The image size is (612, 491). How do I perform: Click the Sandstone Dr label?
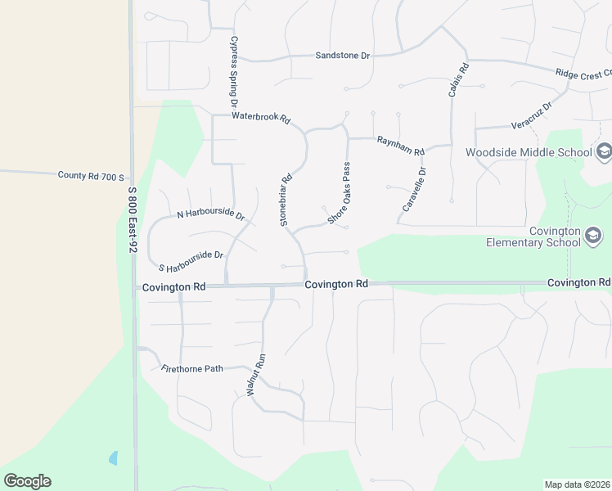343,56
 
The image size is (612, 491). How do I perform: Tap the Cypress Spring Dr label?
233,72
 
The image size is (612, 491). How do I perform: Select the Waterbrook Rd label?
261,117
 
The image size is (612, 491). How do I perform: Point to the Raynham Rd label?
401,146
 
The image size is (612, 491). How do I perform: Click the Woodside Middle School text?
529,152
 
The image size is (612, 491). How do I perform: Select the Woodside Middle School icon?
604,151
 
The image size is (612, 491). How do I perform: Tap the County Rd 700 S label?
91,176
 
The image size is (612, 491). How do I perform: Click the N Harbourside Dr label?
211,215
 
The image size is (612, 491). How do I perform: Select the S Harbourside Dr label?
191,261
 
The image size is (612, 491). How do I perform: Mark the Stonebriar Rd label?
286,200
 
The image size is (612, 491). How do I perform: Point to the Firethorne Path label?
192,369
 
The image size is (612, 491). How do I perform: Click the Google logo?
27,481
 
